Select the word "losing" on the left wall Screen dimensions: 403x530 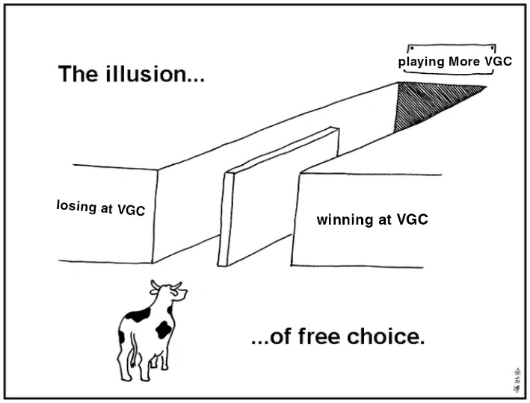[76, 204]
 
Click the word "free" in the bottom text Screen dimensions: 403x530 [315, 337]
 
